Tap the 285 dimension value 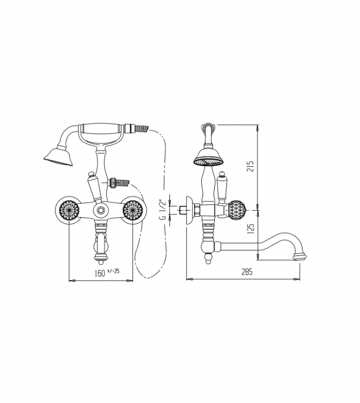[247, 272]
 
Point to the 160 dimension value [100, 273]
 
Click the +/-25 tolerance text [113, 271]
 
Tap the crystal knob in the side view [237, 210]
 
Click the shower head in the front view [58, 157]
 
